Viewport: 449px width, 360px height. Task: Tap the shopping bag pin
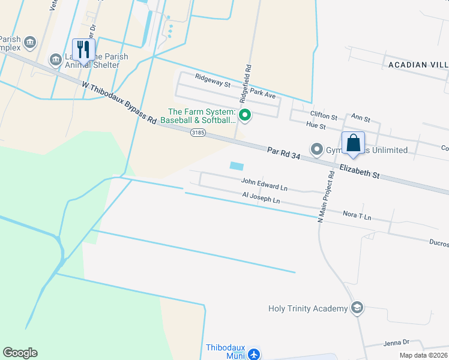pyautogui.click(x=354, y=143)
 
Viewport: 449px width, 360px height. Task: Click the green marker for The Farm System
pyautogui.click(x=244, y=115)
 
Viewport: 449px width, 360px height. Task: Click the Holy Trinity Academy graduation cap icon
pyautogui.click(x=358, y=308)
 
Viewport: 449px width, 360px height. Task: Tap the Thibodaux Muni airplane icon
pyautogui.click(x=254, y=354)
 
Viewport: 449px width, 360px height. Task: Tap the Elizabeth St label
pyautogui.click(x=359, y=171)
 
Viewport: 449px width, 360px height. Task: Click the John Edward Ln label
pyautogui.click(x=264, y=184)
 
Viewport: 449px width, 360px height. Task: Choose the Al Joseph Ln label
pyautogui.click(x=261, y=197)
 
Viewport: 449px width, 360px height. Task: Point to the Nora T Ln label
pyautogui.click(x=357, y=214)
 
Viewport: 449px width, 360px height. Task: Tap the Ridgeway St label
pyautogui.click(x=212, y=81)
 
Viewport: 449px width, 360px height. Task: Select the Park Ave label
pyautogui.click(x=263, y=94)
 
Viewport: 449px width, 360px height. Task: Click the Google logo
pyautogui.click(x=20, y=352)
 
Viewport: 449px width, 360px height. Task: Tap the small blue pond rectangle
pyautogui.click(x=237, y=165)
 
